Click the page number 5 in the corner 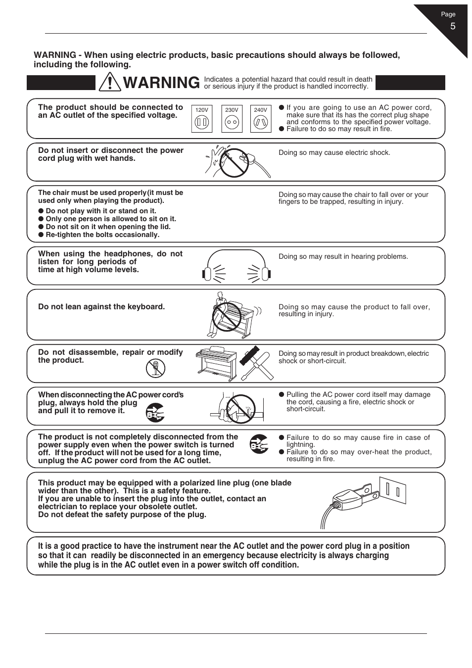tap(452, 27)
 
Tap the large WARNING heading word tap(161, 83)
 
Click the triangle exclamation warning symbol tap(109, 82)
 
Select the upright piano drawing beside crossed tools tap(216, 364)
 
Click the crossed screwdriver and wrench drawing tap(256, 363)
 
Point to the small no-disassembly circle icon tap(155, 368)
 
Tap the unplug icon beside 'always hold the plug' tap(155, 412)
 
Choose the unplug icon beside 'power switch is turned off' tap(259, 444)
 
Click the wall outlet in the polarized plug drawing tap(393, 490)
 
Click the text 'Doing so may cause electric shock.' tap(334, 153)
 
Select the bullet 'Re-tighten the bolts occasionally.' tap(102, 235)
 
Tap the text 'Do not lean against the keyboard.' tap(101, 307)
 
